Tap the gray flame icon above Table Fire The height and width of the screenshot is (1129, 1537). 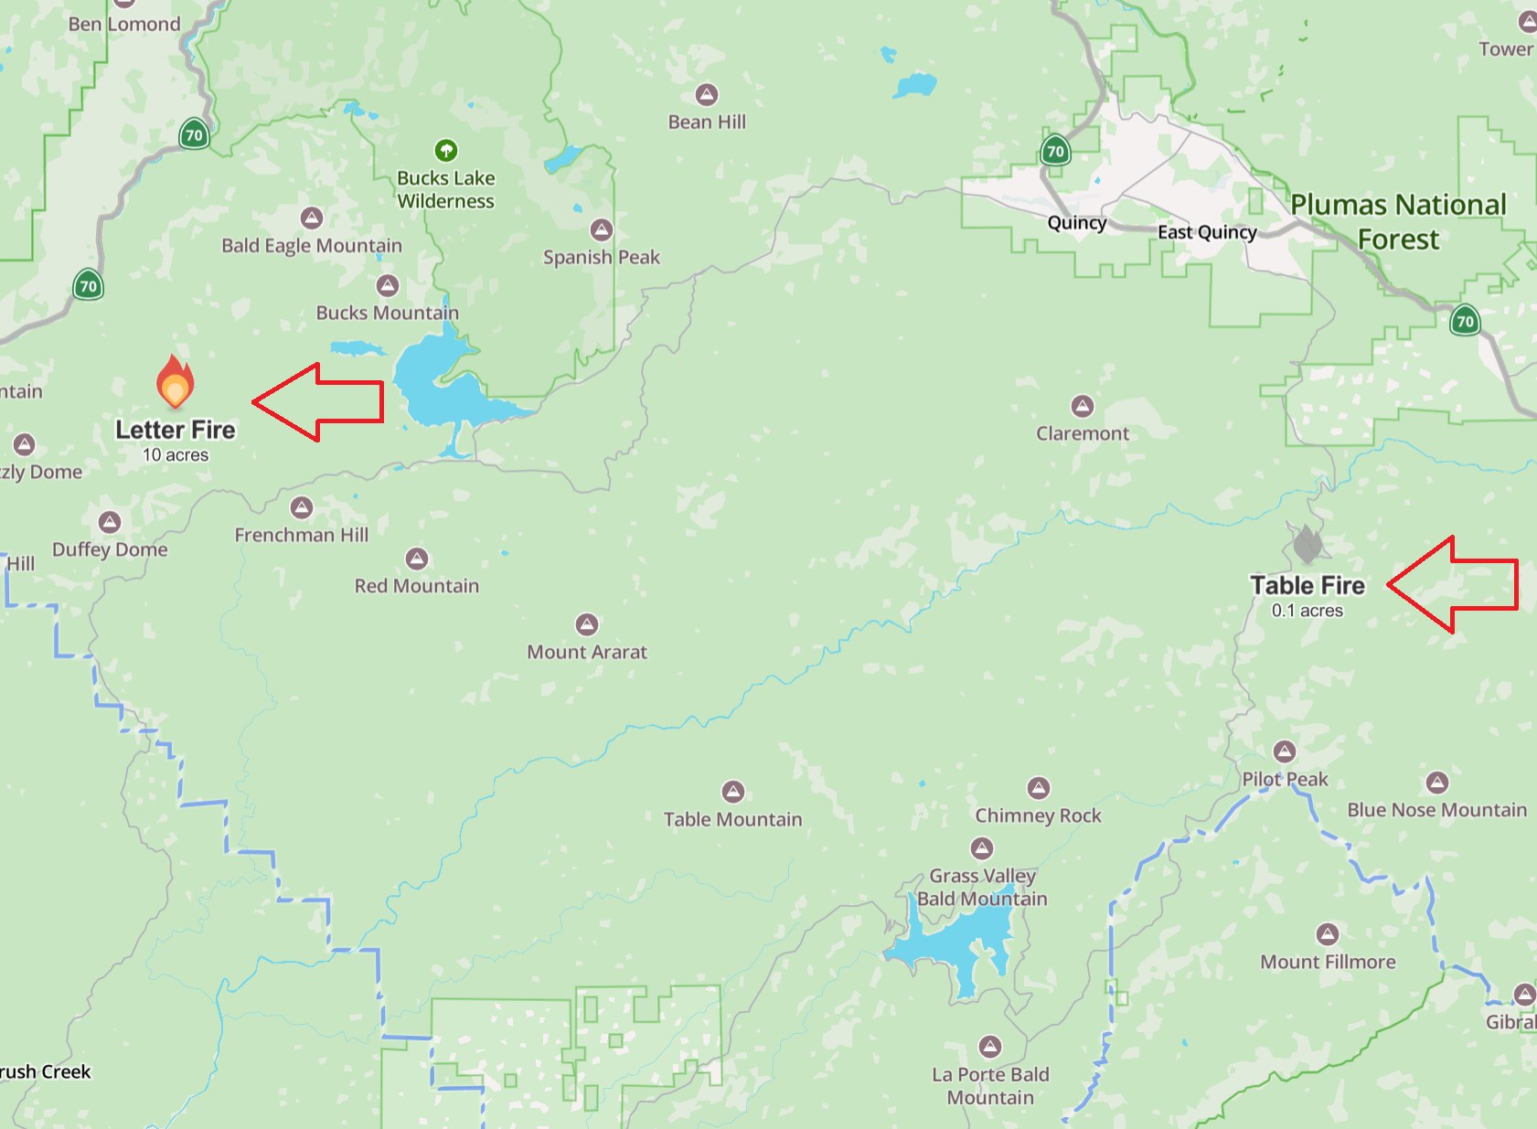(1308, 545)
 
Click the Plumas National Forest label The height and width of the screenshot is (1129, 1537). (1398, 221)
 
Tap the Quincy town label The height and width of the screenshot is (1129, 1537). (1076, 222)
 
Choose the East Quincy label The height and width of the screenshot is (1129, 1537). (1207, 232)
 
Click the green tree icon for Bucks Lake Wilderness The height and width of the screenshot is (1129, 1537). (445, 150)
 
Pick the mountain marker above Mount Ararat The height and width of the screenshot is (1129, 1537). (587, 624)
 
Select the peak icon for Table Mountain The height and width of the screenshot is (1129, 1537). (732, 791)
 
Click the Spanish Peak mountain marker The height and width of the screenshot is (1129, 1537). (601, 229)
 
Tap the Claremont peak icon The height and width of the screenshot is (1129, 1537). (1083, 406)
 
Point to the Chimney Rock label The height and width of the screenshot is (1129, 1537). (1038, 815)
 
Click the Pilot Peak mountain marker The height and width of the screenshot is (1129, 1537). (1285, 751)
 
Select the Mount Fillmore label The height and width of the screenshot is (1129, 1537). (1328, 962)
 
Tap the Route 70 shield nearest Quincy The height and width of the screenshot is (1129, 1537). (1055, 151)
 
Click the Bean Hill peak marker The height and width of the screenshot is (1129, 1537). (706, 94)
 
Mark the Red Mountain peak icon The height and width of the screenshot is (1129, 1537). (417, 559)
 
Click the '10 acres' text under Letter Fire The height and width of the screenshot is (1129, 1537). (176, 455)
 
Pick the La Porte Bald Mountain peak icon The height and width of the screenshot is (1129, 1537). (990, 1046)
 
